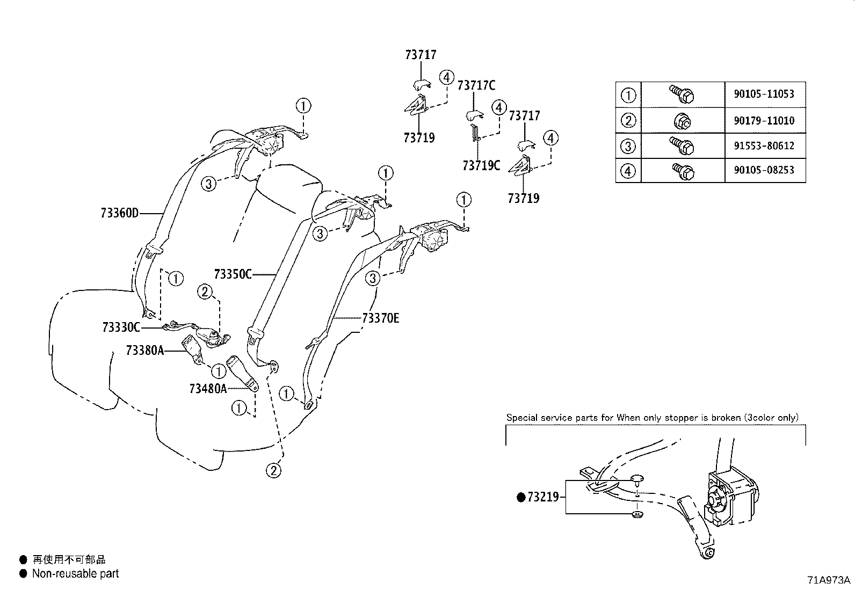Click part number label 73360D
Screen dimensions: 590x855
[x=119, y=213]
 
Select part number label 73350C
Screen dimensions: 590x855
[x=233, y=274]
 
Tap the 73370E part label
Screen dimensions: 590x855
[x=381, y=318]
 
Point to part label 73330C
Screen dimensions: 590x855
[x=121, y=327]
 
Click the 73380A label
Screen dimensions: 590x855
[x=144, y=351]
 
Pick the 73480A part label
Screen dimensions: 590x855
[x=208, y=388]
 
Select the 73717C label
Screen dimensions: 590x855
[x=476, y=85]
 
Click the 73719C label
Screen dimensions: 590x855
[x=481, y=166]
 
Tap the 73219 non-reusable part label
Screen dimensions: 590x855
[x=542, y=498]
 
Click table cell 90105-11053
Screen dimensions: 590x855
[x=763, y=94]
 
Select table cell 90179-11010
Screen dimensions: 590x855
[x=763, y=121]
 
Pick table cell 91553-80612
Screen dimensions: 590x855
[x=763, y=145]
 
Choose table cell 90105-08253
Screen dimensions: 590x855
[x=763, y=170]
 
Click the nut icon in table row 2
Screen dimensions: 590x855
[x=682, y=122]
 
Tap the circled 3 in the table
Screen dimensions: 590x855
[x=628, y=146]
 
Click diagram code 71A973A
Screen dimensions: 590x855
[x=829, y=580]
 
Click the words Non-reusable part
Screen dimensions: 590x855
[x=75, y=573]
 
